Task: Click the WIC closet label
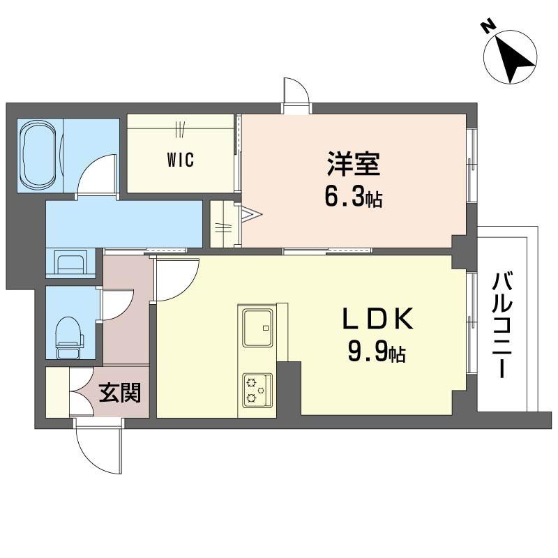click(x=181, y=160)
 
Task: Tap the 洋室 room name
click(x=354, y=164)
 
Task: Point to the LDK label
click(x=378, y=319)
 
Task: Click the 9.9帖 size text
click(x=377, y=351)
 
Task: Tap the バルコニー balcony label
click(x=502, y=324)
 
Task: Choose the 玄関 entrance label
click(x=120, y=393)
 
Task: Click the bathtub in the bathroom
click(x=38, y=156)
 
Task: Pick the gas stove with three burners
click(x=257, y=391)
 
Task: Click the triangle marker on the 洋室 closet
click(x=252, y=214)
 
